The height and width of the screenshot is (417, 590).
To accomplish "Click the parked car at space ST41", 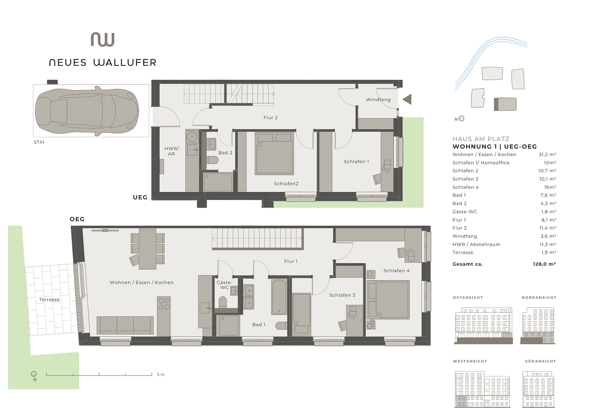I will tap(87, 111).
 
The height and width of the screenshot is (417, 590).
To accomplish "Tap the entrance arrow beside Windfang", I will tap(407, 99).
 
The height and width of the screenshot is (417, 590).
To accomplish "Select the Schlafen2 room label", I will tap(286, 184).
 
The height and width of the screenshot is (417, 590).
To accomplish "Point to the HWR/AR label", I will tap(171, 151).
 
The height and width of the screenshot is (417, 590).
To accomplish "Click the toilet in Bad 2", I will tap(212, 160).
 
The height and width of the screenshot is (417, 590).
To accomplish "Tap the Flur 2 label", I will tap(270, 118).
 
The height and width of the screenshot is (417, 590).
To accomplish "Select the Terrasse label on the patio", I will tap(49, 300).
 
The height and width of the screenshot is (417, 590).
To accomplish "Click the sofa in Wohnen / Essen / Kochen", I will tap(125, 325).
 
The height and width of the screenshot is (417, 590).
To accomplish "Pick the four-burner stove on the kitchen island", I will tap(164, 304).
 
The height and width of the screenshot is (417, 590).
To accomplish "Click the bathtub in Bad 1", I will tap(279, 297).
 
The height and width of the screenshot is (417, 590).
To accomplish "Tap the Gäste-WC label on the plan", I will tap(224, 285).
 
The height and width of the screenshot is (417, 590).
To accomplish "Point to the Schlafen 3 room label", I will tap(342, 295).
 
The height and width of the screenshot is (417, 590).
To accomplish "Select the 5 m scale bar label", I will tap(161, 375).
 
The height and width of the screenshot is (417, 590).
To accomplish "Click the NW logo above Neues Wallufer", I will tap(103, 39).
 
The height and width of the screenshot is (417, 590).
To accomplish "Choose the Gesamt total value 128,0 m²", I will tap(544, 264).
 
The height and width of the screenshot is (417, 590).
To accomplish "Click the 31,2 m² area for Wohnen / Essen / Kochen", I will tap(547, 154).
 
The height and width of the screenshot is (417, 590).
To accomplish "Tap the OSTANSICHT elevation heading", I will tap(468, 298).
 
